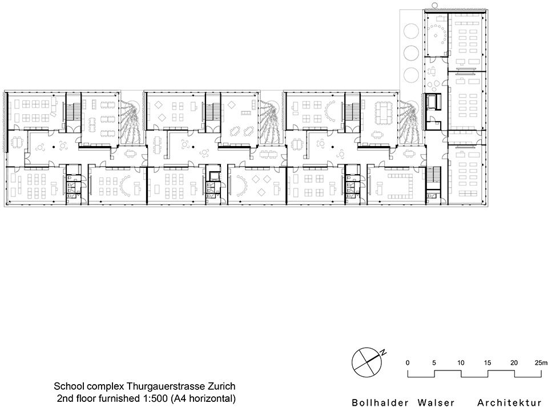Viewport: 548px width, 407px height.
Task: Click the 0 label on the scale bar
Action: coord(408,363)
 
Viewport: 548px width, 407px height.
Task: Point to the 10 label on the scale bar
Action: coord(461,363)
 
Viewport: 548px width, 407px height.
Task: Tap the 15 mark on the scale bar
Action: coord(487,363)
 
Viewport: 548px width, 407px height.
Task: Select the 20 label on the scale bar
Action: coord(514,363)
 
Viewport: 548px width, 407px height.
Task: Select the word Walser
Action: coord(434,402)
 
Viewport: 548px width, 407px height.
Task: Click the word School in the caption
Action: coord(67,387)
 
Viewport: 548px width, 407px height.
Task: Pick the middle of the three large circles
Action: coord(411,53)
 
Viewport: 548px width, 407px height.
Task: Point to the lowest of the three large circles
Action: coord(411,74)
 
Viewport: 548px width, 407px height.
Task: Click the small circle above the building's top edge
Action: coord(436,5)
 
